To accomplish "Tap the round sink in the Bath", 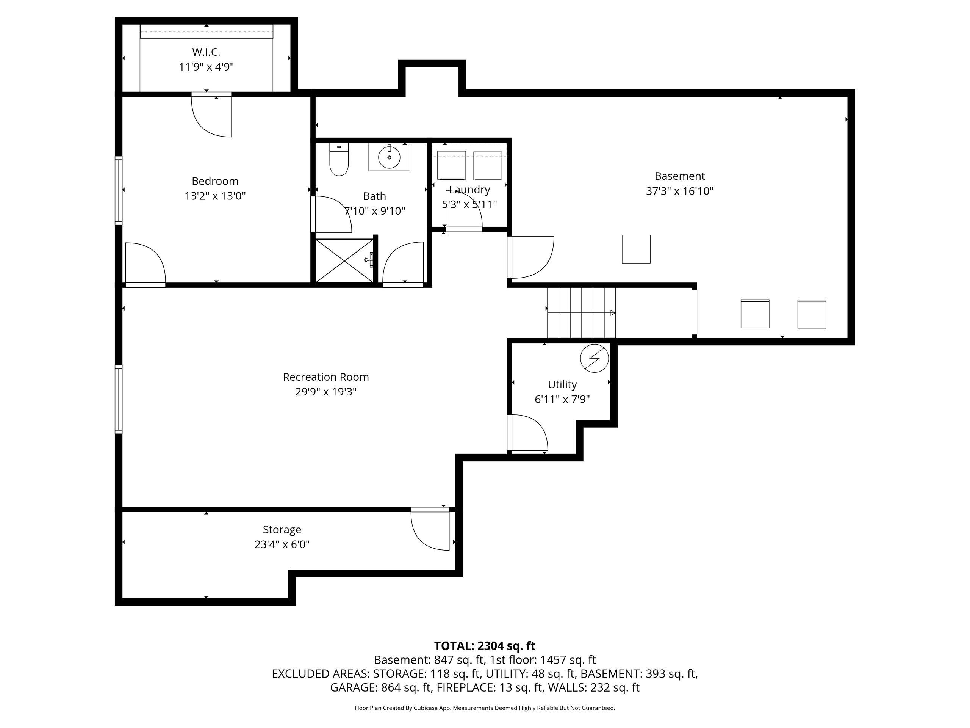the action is [389, 157].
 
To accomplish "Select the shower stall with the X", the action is [344, 260].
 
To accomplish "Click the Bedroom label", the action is [215, 181].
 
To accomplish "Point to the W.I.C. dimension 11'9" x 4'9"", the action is [206, 67].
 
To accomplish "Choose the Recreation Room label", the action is [326, 377].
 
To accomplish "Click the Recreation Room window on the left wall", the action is [118, 399].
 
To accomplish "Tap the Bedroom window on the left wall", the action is [118, 190].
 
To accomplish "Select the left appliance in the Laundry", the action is [451, 165].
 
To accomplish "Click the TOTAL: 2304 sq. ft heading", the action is [485, 646].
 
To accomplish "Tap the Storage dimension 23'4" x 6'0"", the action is [282, 544].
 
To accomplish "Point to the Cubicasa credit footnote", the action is [485, 708].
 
